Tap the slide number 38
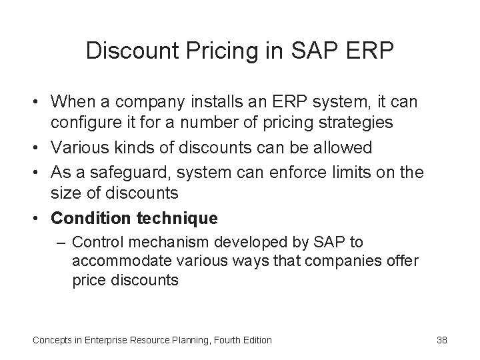pos(441,340)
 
